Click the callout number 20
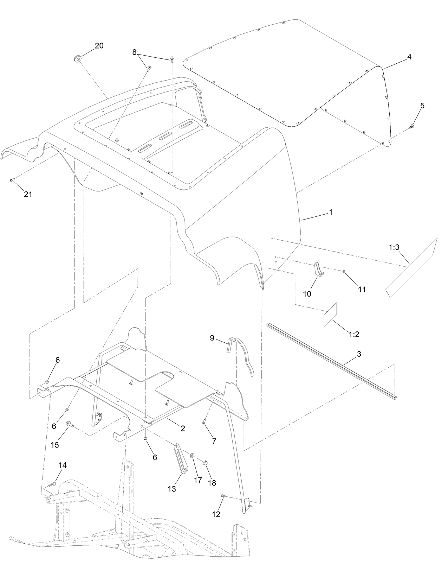point(99,46)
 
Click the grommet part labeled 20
point(77,58)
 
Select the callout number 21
point(28,194)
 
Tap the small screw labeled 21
point(11,180)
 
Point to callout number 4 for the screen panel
point(409,57)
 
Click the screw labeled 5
point(412,126)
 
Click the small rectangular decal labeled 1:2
point(330,314)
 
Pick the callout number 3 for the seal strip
point(359,354)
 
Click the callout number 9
point(212,338)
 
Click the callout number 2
point(183,428)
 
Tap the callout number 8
point(134,52)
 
